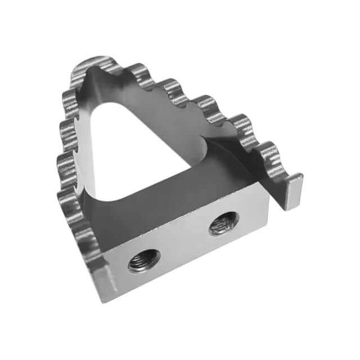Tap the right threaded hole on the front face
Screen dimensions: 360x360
point(223,223)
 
